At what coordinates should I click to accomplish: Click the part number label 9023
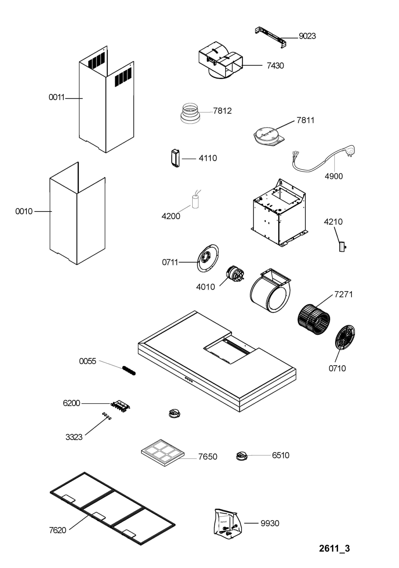307,36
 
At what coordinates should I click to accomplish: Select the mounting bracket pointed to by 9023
271,36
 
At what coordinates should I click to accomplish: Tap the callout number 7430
275,66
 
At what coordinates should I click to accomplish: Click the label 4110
207,158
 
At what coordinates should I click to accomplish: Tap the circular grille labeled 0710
345,338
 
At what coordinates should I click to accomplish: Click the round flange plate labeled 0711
207,258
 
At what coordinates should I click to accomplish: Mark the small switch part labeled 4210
342,247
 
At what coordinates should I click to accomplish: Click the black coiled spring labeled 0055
129,370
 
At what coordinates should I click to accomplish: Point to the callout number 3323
74,437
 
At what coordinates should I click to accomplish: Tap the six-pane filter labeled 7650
163,452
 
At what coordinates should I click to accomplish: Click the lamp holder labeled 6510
242,456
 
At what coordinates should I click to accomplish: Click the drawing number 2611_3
334,548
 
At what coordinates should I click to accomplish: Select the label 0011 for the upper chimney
57,97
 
